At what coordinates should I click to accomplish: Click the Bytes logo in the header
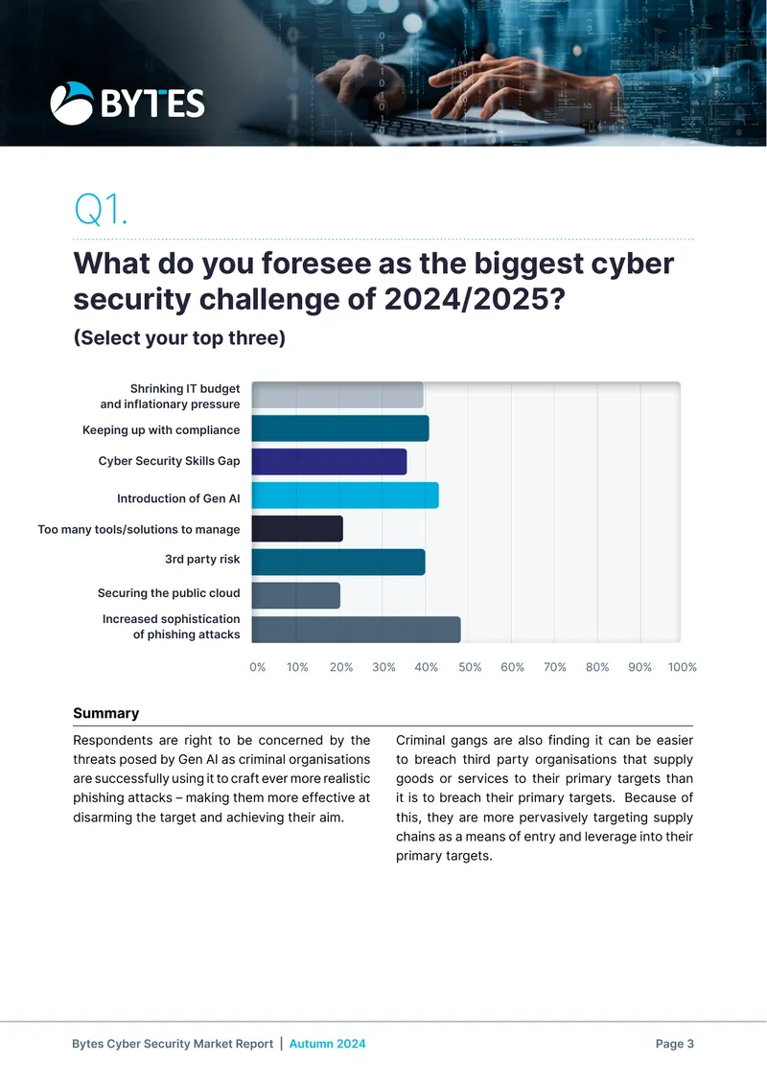tap(128, 104)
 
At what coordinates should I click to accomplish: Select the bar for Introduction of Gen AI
tap(345, 495)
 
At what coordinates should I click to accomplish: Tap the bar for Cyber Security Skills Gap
tap(329, 461)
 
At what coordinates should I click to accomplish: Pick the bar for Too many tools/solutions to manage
tap(297, 528)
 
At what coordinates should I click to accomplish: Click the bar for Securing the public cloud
tap(295, 595)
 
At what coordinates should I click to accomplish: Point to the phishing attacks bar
tap(356, 630)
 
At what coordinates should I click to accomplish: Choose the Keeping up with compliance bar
tap(340, 428)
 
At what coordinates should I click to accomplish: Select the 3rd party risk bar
tap(337, 562)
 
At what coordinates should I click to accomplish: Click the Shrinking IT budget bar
tap(337, 394)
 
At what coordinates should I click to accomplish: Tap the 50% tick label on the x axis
tap(470, 667)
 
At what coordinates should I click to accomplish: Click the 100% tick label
tap(682, 667)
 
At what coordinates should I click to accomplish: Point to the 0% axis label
tap(258, 667)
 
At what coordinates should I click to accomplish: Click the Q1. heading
tap(101, 209)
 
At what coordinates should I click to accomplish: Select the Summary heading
tap(106, 713)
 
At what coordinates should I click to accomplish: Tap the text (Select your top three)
tap(179, 337)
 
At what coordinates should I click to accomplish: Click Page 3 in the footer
tap(674, 1044)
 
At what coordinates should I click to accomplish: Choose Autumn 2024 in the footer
tap(328, 1044)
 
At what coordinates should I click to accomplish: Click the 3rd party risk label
tap(202, 559)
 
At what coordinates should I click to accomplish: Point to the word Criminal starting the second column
tap(420, 741)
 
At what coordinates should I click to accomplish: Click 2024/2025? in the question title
tap(475, 299)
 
